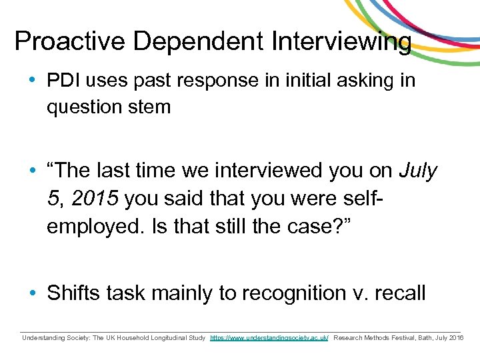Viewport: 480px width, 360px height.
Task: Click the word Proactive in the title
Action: [x=70, y=41]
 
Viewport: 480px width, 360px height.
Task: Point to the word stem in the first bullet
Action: [x=149, y=106]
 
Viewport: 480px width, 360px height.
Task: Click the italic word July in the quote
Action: [x=418, y=171]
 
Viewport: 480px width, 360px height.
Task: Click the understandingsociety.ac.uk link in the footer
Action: [x=269, y=338]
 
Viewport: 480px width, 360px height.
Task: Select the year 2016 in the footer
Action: [x=457, y=338]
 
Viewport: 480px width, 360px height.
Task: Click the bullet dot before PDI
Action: [x=33, y=81]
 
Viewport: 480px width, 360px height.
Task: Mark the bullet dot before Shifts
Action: [x=33, y=294]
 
